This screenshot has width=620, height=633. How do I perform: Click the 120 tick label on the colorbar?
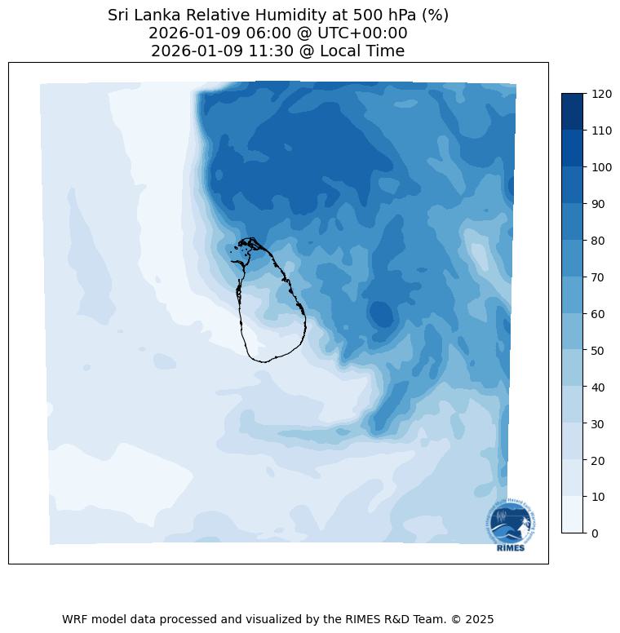click(x=602, y=94)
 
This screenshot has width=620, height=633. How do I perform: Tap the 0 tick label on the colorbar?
click(x=596, y=533)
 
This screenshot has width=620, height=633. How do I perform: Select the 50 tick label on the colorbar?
click(x=599, y=351)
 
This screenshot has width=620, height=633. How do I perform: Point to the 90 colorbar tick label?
click(x=599, y=204)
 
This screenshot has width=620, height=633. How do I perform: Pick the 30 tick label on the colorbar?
click(x=599, y=424)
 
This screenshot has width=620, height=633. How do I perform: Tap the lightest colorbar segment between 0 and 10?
click(x=573, y=515)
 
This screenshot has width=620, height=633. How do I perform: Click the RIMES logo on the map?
click(x=511, y=524)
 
